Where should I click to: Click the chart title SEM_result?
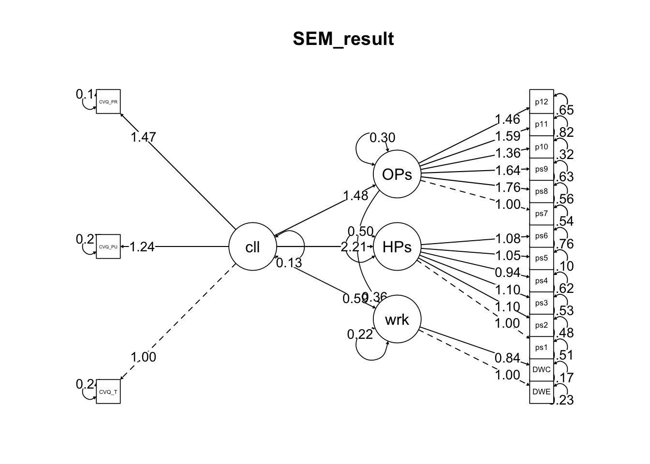(x=343, y=39)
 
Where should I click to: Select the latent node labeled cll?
(x=252, y=246)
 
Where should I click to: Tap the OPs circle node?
(x=397, y=174)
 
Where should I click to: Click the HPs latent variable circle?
(x=397, y=246)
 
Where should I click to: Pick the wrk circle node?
(x=397, y=319)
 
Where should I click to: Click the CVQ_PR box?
(x=108, y=101)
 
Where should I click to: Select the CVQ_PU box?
(x=108, y=246)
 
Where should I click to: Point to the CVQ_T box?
(x=108, y=391)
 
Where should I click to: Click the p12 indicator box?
(x=541, y=101)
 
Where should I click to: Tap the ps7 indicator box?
(x=541, y=214)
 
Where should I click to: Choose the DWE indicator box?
(x=541, y=391)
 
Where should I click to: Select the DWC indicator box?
(x=541, y=370)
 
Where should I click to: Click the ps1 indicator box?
(x=541, y=347)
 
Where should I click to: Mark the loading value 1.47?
(x=143, y=137)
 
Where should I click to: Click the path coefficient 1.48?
(x=355, y=195)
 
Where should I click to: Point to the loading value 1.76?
(x=507, y=187)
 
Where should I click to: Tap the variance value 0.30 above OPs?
(x=382, y=138)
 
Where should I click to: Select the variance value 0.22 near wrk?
(x=360, y=334)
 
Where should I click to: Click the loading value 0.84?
(x=507, y=358)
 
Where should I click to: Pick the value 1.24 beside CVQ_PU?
(x=142, y=247)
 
